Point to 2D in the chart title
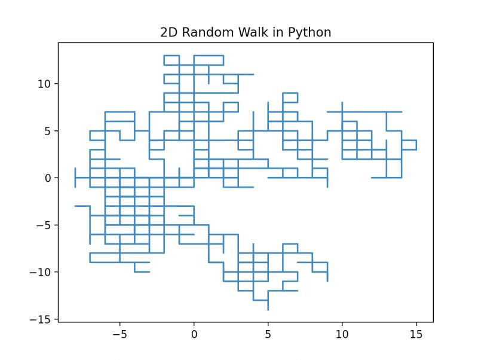169,32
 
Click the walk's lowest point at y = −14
268,309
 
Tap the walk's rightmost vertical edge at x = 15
416,145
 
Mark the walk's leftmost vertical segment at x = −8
75,178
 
